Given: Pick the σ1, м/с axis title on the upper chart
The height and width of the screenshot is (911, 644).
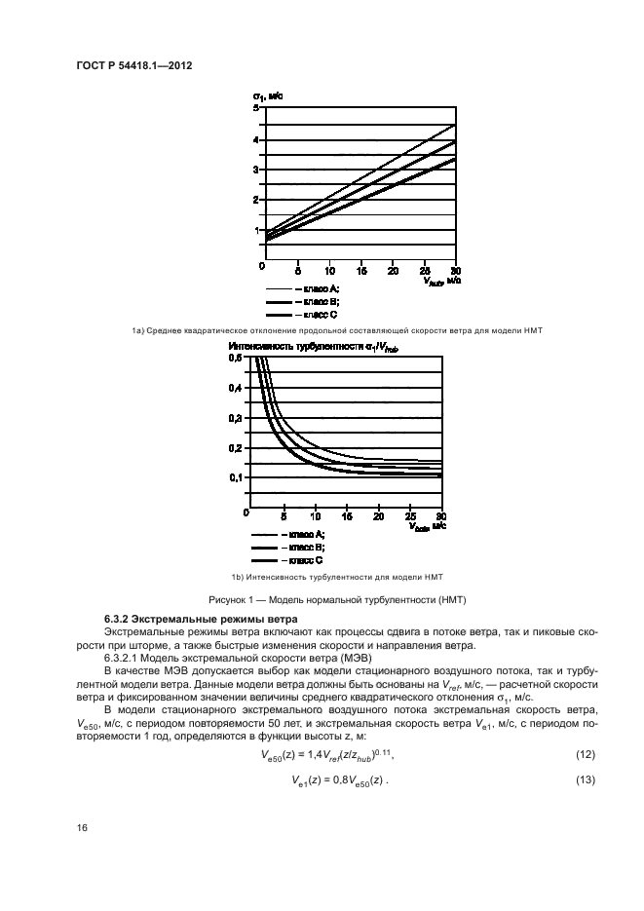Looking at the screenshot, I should tap(268, 96).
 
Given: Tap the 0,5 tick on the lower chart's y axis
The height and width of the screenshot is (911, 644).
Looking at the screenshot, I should tap(235, 358).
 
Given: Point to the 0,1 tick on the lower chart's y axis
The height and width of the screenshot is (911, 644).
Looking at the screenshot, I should tap(235, 477).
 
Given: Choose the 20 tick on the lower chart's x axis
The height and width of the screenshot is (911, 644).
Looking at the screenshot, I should tap(378, 515).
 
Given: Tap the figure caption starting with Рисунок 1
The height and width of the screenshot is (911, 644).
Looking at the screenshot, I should tap(322, 597).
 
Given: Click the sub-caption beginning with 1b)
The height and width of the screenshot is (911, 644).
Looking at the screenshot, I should tap(322, 578).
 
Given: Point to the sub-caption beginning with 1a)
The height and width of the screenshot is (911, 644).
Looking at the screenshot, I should tap(322, 331).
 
